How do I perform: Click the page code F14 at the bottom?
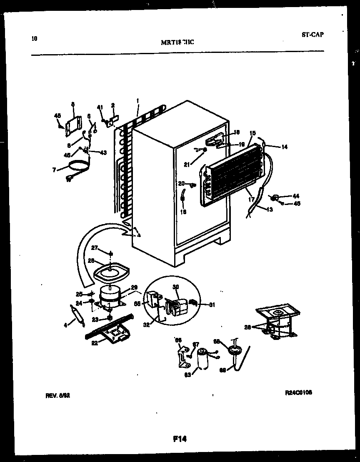[180, 439]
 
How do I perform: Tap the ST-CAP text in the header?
[312, 35]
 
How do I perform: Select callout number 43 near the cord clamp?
[103, 152]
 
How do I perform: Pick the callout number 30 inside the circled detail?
[175, 287]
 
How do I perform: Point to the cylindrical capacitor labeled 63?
[203, 359]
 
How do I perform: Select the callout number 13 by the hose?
[270, 210]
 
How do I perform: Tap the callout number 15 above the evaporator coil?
[252, 133]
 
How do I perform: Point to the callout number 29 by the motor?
[134, 287]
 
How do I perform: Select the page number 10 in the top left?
[34, 39]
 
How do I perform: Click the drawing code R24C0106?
[298, 392]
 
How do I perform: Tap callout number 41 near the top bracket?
[100, 107]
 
